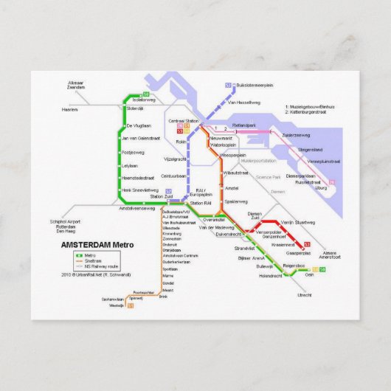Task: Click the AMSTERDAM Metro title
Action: (x=97, y=244)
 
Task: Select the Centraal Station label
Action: (x=184, y=120)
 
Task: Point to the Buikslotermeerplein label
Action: (x=256, y=86)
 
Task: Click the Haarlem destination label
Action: (x=70, y=109)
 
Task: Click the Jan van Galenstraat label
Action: (x=141, y=138)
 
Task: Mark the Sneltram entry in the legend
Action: (x=94, y=260)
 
